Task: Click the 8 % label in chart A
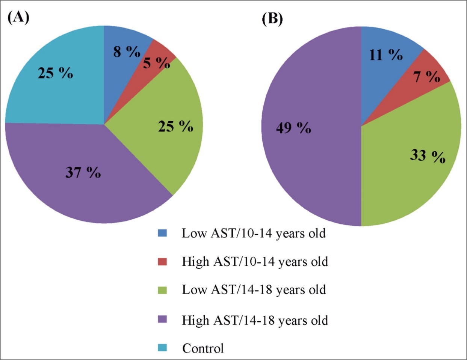click(x=127, y=52)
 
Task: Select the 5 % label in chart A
click(x=156, y=63)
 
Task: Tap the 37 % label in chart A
click(x=83, y=172)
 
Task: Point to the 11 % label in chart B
click(x=385, y=55)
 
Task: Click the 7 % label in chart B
click(x=427, y=77)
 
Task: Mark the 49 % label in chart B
click(x=293, y=128)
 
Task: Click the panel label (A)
click(x=18, y=17)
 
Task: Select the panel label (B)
click(x=272, y=19)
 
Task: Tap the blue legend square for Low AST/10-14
click(x=162, y=233)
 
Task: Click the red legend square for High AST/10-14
click(x=162, y=262)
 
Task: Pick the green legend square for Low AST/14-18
click(x=162, y=290)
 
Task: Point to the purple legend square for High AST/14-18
click(x=162, y=320)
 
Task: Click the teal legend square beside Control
click(x=162, y=348)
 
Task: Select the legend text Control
click(x=203, y=348)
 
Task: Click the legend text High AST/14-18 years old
click(x=255, y=320)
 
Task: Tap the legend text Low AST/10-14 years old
click(x=254, y=233)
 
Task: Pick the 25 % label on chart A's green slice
click(x=175, y=127)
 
